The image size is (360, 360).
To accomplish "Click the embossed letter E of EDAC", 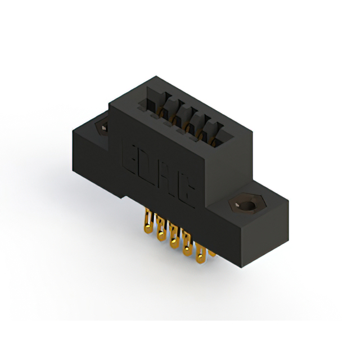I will (x=130, y=157).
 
